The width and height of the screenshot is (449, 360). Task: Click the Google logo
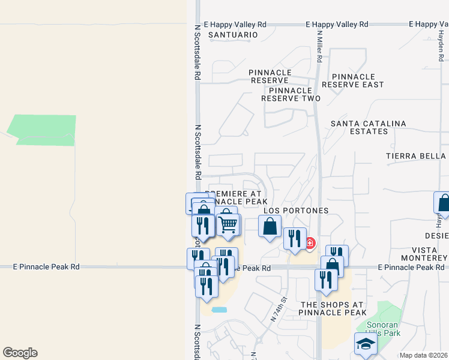20,353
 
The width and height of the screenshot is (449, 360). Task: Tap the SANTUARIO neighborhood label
233,35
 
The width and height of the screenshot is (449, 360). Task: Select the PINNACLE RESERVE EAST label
353,80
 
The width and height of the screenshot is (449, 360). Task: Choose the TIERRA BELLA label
416,156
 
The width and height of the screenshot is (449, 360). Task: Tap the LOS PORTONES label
297,211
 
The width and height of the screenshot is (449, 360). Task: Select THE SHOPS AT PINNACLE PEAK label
333,308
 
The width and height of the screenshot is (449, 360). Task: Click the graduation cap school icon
364,344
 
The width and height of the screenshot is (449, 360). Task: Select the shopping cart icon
228,224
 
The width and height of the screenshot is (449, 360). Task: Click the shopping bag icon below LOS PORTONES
270,226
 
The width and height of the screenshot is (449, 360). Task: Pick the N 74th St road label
280,308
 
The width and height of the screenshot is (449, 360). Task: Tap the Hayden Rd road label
440,45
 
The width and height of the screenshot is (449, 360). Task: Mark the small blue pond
219,310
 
